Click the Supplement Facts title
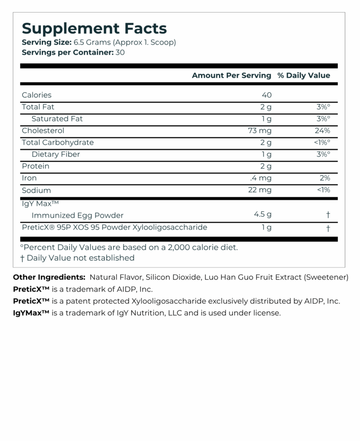click(x=94, y=28)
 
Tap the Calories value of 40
click(x=267, y=95)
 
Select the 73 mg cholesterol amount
click(x=260, y=130)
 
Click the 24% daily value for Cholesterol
click(x=322, y=130)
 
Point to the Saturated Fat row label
click(x=57, y=119)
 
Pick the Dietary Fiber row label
click(x=55, y=154)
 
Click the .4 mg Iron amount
click(x=261, y=178)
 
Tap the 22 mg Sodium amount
click(x=260, y=190)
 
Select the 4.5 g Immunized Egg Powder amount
click(x=262, y=214)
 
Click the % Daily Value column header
click(x=303, y=76)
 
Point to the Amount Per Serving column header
click(x=232, y=76)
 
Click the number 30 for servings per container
click(x=120, y=52)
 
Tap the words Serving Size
click(x=46, y=42)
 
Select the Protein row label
click(x=36, y=166)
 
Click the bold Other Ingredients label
click(x=49, y=277)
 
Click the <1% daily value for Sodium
click(x=323, y=190)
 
